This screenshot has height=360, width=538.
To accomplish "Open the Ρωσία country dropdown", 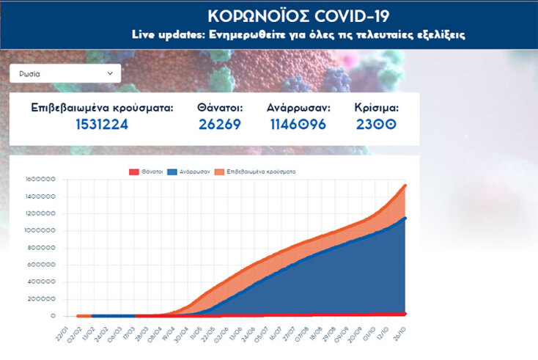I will [65, 73].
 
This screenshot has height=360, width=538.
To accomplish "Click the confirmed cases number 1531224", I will [102, 124].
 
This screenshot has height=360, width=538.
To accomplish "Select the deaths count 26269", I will [220, 124].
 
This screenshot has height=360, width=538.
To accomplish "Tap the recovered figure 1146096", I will [299, 124].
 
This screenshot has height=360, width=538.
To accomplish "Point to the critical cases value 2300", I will [376, 124].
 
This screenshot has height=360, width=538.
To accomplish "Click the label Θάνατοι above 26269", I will [220, 107].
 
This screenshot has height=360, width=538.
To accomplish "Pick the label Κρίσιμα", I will [376, 107].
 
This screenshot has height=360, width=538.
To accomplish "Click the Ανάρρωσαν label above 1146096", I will [299, 107].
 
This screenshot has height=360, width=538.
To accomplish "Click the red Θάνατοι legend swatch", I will [134, 172].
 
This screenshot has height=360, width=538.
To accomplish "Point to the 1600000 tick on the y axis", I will [40, 179].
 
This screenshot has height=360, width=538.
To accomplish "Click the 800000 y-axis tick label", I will [43, 248].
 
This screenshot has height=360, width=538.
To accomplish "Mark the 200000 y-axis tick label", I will [43, 299].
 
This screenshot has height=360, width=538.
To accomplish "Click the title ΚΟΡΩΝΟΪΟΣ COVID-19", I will [298, 16].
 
